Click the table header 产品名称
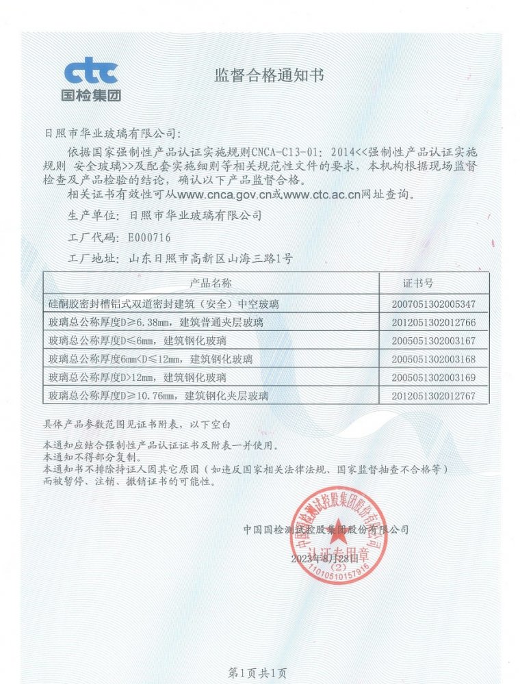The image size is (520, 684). click(211, 283)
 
